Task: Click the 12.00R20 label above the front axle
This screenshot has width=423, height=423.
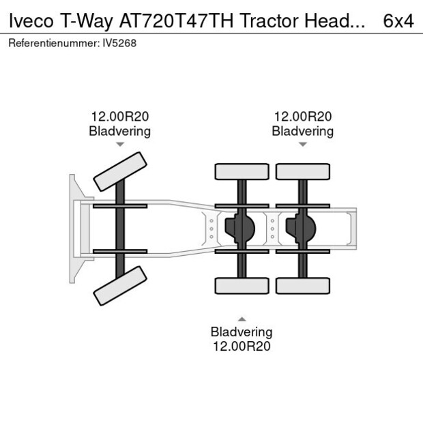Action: tap(120, 117)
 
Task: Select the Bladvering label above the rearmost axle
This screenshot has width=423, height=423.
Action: tap(302, 131)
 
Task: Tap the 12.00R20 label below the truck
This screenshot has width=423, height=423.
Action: tap(242, 346)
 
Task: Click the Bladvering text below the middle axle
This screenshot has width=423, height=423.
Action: tap(242, 332)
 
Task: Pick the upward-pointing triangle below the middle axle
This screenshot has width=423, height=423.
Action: tap(242, 319)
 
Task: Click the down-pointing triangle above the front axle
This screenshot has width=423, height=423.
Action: tap(120, 145)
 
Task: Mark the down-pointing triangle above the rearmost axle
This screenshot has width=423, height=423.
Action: tap(302, 145)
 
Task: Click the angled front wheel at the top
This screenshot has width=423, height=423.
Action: tap(120, 172)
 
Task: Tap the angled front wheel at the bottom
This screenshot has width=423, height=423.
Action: tap(120, 285)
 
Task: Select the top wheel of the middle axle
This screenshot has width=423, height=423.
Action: tap(242, 171)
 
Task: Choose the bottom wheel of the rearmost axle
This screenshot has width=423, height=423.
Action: tap(302, 286)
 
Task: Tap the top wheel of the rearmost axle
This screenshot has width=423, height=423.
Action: tap(302, 171)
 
